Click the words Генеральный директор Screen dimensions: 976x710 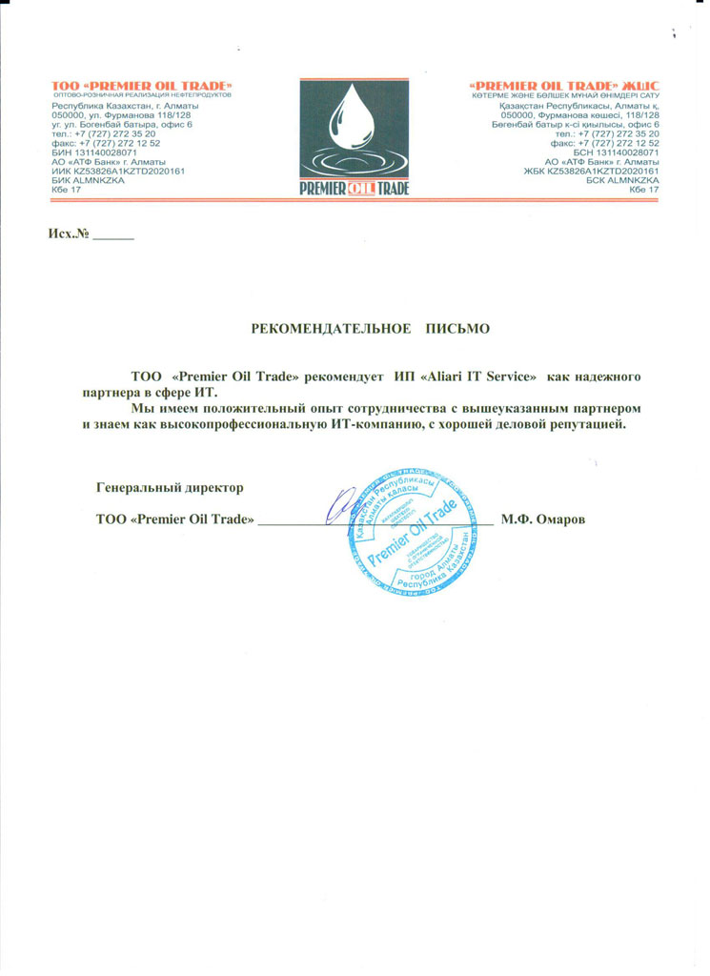tap(171, 487)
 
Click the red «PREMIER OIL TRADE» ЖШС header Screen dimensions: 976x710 tap(566, 87)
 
